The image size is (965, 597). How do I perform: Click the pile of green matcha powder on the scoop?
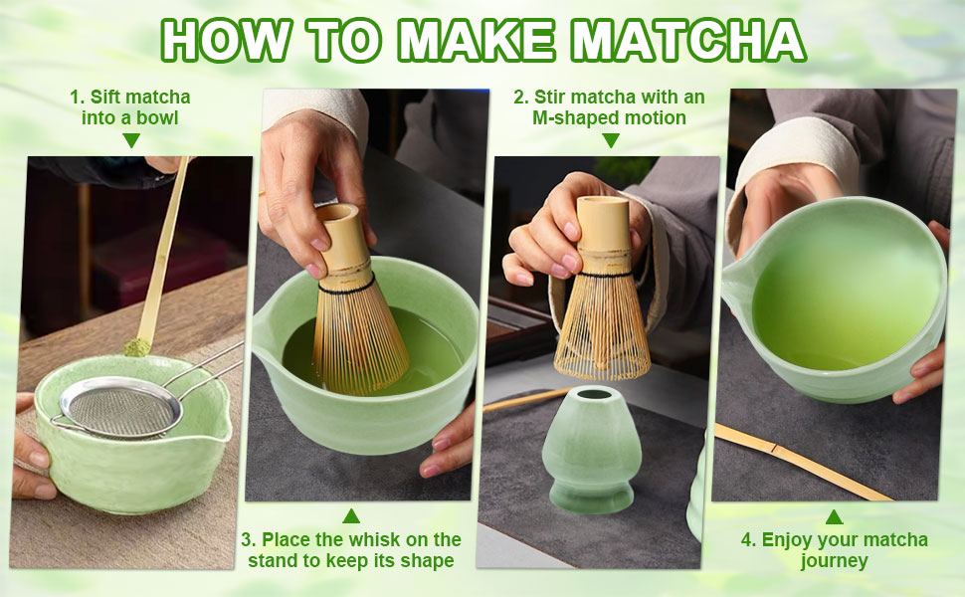click(137, 347)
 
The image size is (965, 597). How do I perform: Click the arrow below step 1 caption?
click(130, 141)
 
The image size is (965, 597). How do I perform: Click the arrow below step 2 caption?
click(610, 141)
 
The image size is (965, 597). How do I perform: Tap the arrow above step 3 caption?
click(350, 515)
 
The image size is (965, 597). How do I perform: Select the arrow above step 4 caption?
click(834, 516)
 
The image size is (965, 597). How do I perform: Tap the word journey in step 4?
click(834, 561)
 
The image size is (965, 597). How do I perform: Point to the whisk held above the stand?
click(602, 298)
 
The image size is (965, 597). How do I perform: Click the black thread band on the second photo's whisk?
click(344, 286)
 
